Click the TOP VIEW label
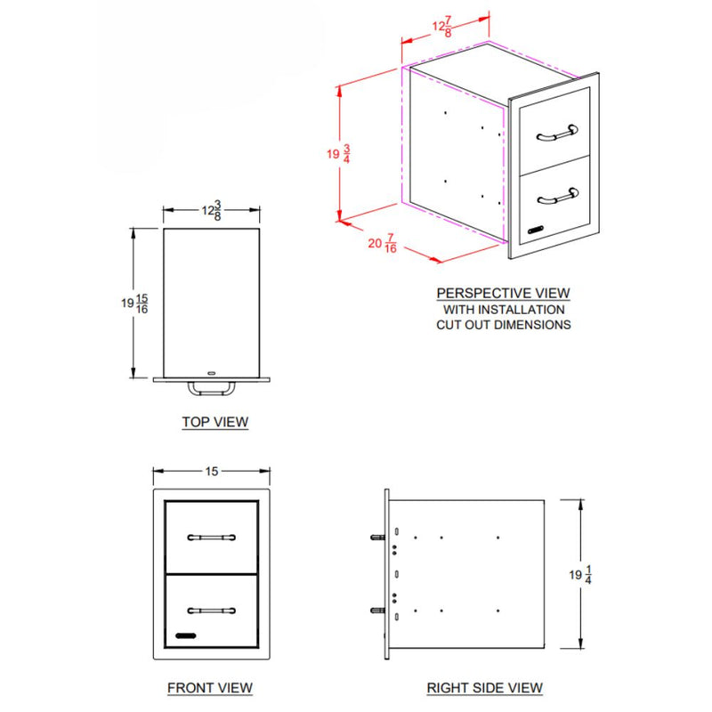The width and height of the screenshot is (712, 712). (214, 422)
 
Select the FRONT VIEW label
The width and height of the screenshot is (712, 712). (210, 688)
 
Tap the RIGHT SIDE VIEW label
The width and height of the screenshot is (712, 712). (484, 688)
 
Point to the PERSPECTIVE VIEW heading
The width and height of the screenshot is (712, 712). (503, 293)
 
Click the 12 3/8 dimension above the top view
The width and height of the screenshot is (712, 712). (211, 211)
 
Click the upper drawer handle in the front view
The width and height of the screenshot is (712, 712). (211, 538)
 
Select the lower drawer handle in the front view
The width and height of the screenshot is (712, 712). (211, 610)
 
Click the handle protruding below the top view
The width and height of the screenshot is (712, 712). (211, 389)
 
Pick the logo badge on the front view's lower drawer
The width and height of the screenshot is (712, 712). (185, 637)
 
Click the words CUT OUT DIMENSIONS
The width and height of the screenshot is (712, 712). (503, 325)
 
